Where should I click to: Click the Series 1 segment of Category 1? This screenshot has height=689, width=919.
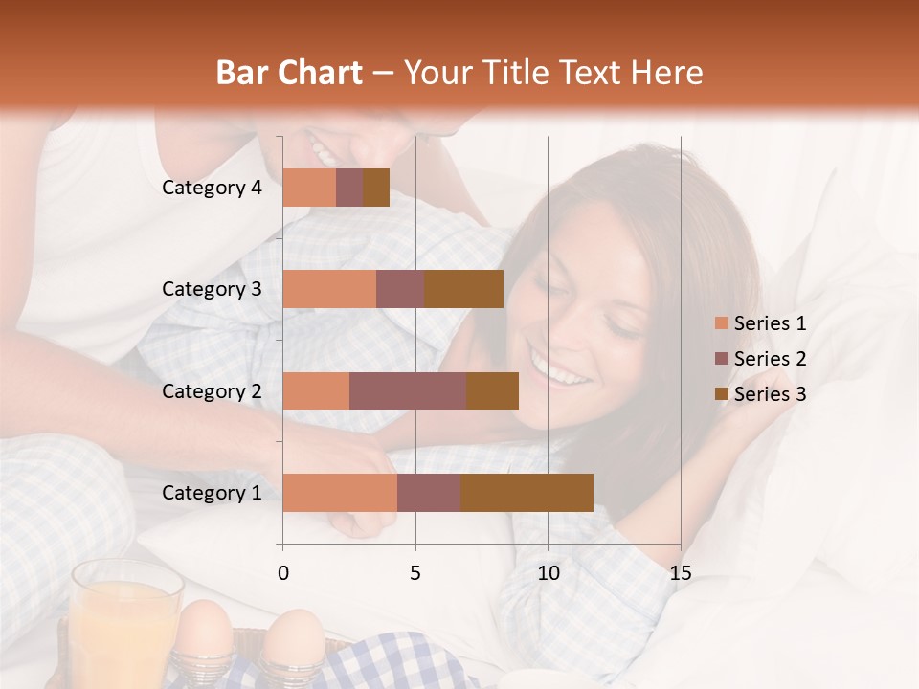(340, 493)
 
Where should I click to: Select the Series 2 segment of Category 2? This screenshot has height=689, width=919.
(408, 390)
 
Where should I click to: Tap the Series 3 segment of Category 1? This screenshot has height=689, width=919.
(527, 493)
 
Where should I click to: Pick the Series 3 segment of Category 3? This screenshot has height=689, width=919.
(463, 289)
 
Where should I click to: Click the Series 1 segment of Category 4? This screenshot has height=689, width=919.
(309, 188)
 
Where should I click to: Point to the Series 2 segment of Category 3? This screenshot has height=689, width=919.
(400, 289)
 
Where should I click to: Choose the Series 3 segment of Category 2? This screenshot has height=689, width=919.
(492, 390)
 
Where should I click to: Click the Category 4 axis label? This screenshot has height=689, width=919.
(212, 188)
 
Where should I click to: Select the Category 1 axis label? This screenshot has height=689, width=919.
(212, 493)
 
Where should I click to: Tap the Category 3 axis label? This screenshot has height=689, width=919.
(212, 289)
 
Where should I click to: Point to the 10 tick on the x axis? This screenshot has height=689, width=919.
(548, 573)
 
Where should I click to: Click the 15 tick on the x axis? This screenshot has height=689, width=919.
(680, 573)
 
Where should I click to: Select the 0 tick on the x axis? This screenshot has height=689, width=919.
(283, 573)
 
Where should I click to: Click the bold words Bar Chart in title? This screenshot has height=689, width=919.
(289, 73)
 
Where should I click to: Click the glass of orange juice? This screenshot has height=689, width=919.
(124, 622)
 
